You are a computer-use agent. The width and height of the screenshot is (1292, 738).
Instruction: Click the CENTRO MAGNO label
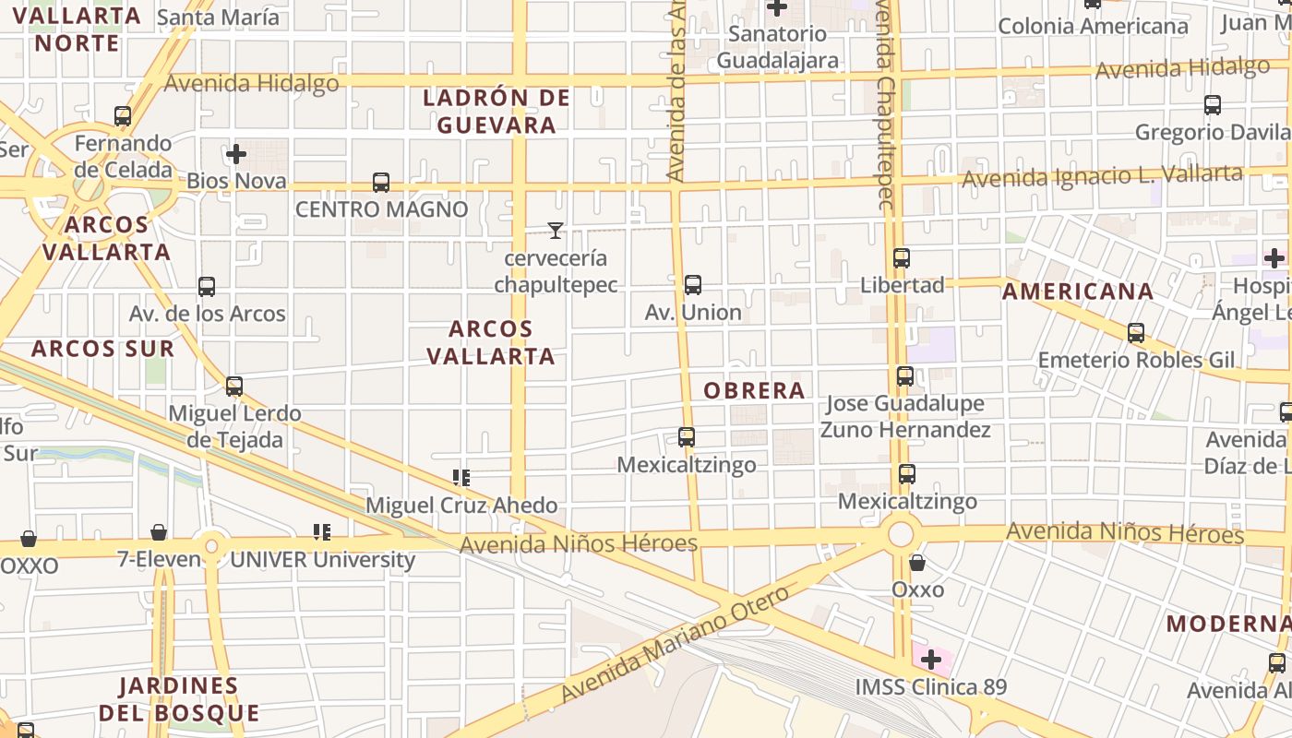coord(381,209)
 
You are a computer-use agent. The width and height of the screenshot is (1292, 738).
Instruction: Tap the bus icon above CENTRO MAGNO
coord(381,183)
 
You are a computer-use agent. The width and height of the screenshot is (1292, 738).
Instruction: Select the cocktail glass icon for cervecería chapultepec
coord(555,230)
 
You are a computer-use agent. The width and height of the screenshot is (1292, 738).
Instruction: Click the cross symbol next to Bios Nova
coord(236,154)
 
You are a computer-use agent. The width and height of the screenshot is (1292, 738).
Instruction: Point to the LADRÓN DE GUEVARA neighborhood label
coord(496,112)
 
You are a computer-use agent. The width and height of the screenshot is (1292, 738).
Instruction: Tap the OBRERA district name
coord(754,390)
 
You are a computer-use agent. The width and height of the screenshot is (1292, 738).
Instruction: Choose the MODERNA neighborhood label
coord(1226,624)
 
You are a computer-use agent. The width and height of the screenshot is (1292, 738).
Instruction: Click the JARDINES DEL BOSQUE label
coord(179,699)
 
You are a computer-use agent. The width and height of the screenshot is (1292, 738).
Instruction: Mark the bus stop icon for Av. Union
coord(693,285)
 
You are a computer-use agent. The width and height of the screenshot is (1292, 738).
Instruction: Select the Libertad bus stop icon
coord(902,258)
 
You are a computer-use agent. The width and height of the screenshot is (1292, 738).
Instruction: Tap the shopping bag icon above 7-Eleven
coord(159,532)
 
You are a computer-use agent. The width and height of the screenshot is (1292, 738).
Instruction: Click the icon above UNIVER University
coord(321,532)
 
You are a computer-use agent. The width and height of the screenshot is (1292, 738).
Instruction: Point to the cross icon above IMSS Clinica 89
coord(931,660)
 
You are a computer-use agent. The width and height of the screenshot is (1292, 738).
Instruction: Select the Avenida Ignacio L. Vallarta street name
coord(1102,175)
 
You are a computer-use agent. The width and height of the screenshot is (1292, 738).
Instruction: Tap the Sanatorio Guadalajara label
coord(778,47)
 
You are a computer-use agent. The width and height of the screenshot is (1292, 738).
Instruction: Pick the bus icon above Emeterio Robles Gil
coord(1136,333)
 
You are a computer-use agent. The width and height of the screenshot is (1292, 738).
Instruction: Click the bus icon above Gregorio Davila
coord(1213,105)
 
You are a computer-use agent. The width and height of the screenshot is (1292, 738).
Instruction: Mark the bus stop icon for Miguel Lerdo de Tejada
coord(234,387)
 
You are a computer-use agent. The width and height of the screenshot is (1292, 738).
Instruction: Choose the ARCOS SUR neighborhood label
coord(102,349)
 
